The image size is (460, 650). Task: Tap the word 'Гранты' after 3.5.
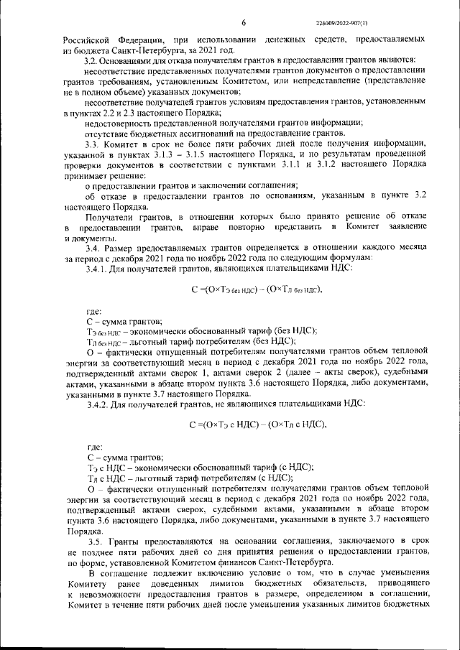pos(132,539)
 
